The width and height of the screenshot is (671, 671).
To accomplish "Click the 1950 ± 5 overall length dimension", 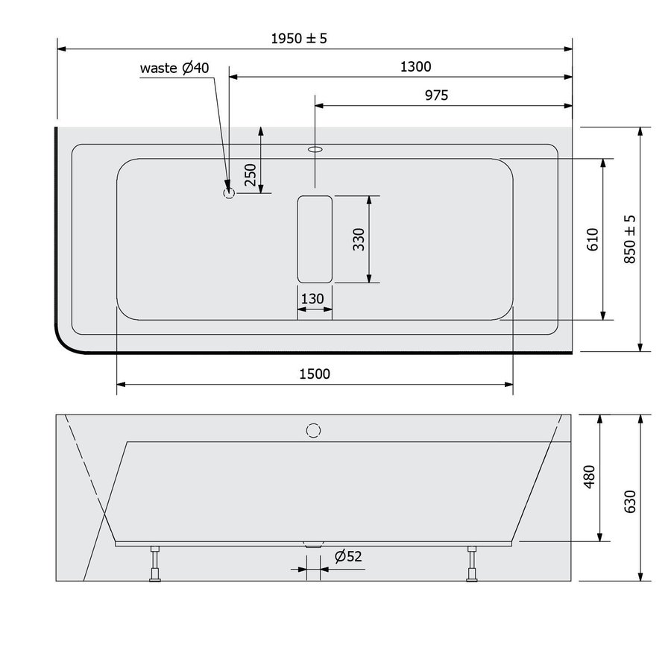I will coord(298,38).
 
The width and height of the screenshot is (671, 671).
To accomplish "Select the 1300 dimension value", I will coord(415,66).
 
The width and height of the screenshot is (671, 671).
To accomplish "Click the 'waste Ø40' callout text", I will coord(176,68).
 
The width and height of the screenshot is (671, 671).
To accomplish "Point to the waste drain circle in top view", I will coord(229,193).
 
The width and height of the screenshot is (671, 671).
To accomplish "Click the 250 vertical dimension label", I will coord(251,174).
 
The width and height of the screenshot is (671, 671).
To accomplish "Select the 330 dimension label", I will coord(359,239).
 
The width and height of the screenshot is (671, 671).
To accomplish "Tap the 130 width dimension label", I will coord(312,299).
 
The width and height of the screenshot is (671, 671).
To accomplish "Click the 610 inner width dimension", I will coord(593,239).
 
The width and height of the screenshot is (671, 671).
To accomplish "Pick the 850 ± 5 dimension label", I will coord(630,239).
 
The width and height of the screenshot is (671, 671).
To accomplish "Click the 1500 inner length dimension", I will coord(314,374).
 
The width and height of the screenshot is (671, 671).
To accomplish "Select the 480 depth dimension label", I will coord(589,477).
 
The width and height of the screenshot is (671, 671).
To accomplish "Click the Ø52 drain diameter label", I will coord(347,556).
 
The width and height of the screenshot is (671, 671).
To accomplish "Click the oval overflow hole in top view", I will coord(315,149).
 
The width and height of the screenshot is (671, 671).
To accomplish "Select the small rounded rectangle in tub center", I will coord(315,239).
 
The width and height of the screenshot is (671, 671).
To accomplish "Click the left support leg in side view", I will coord(155,563).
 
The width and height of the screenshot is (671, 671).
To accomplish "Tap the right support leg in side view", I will coord(471,563).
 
